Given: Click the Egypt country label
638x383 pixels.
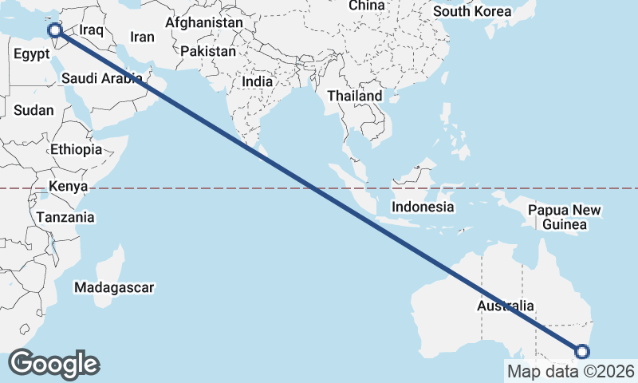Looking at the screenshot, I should (33, 55).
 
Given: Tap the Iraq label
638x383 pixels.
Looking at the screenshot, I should (92, 30).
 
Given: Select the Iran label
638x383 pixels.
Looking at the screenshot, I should (142, 37).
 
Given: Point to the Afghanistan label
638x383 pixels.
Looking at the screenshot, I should (203, 23).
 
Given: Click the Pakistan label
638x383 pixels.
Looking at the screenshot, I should (208, 51).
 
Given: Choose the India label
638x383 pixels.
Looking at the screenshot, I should (257, 81).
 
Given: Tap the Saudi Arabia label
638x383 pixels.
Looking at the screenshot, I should (102, 78).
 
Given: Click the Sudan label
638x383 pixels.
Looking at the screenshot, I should (34, 111).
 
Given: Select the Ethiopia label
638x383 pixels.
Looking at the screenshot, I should (76, 149).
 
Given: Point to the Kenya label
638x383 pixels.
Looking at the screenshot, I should (67, 187).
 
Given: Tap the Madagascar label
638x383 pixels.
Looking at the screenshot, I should (114, 287).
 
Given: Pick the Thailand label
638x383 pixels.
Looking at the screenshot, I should (355, 96).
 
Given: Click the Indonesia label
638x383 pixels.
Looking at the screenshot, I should (423, 207).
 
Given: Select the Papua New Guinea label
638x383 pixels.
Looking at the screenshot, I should (565, 218).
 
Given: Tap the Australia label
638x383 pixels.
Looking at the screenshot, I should (506, 306).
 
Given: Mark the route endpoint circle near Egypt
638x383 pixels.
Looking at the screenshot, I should (55, 30).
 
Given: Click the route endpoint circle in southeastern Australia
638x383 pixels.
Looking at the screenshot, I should (582, 352).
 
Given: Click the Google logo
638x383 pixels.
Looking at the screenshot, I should (53, 364).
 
